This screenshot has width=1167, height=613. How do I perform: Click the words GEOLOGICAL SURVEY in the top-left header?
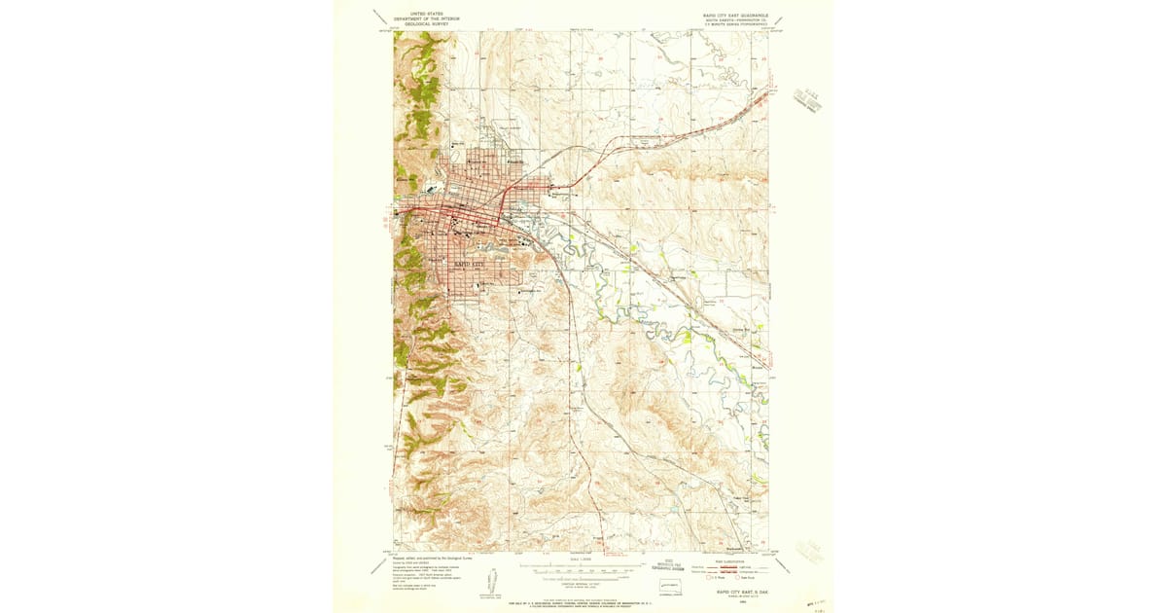tap(425, 23)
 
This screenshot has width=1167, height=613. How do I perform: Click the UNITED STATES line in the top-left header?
tap(425, 14)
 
